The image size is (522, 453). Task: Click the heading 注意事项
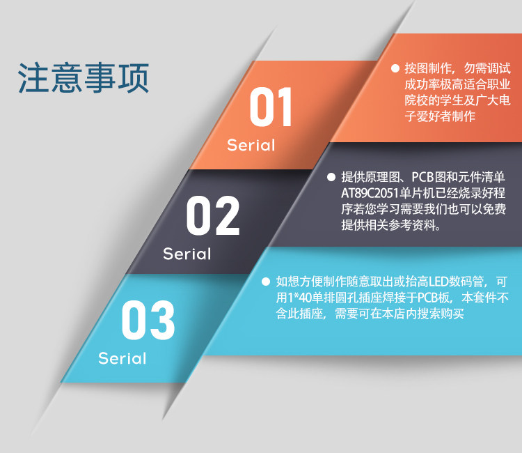tap(84, 77)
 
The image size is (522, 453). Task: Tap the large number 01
tap(271, 107)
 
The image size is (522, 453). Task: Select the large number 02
tap(213, 215)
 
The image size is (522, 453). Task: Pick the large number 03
tap(148, 320)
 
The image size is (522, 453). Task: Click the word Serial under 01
tap(251, 146)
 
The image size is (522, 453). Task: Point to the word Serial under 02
tap(187, 254)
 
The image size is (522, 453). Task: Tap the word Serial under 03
tap(122, 359)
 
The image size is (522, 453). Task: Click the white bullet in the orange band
tap(395, 68)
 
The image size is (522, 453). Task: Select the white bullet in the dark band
tap(331, 177)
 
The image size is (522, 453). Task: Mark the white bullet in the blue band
tap(266, 282)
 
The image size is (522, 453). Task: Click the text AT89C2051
tap(370, 193)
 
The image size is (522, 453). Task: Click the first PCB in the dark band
tap(422, 177)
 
